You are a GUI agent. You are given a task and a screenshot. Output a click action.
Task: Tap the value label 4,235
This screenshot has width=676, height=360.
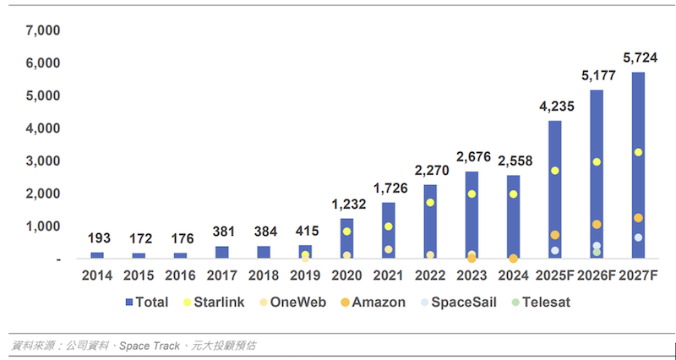point(554,106)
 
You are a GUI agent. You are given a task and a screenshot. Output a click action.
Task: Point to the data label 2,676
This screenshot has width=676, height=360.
point(472,157)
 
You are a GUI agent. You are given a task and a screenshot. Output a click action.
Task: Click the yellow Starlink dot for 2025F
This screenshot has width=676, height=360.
point(554,171)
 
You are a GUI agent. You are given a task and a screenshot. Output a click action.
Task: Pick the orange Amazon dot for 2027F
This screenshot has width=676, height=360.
point(638,218)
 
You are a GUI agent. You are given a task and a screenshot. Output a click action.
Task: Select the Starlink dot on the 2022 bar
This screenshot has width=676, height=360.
point(429,203)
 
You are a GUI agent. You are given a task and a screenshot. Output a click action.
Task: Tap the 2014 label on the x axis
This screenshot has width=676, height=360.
point(97,276)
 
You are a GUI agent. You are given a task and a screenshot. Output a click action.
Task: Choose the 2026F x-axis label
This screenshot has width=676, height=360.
point(597,276)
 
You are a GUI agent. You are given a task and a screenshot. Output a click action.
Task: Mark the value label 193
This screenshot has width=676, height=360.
point(97,238)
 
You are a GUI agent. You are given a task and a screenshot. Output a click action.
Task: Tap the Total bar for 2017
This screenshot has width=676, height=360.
point(221,252)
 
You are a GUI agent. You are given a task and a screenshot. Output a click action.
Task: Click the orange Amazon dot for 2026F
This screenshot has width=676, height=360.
point(597,225)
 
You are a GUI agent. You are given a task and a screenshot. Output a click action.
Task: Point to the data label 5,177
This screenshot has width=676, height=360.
point(597,76)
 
